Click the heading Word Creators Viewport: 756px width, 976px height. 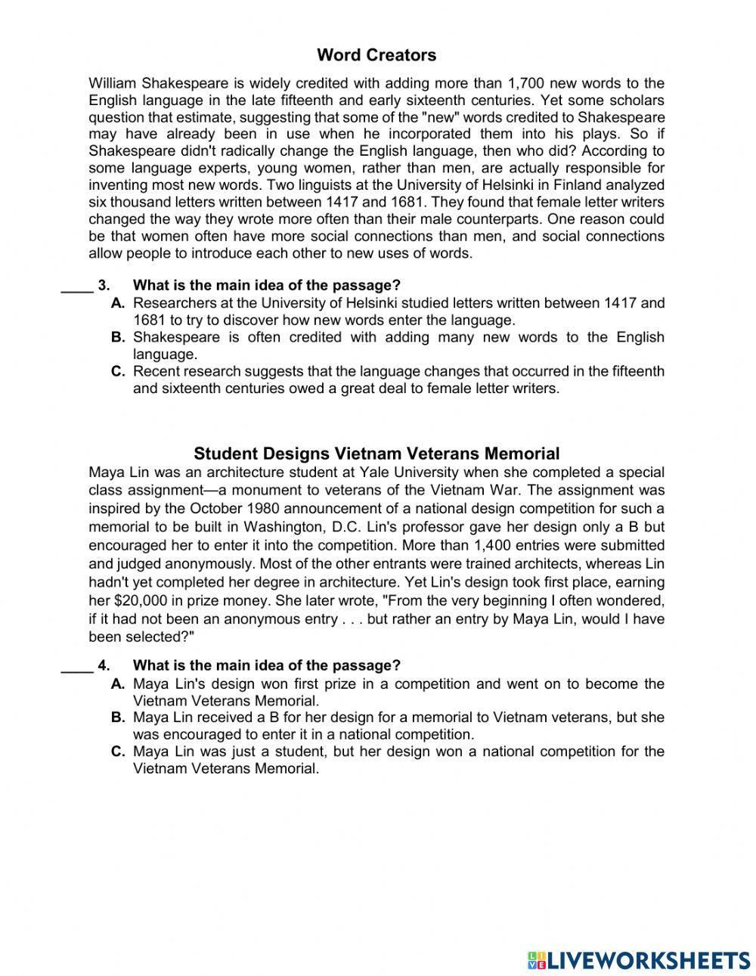click(x=376, y=55)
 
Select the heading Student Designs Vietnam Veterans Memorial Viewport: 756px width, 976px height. click(x=376, y=454)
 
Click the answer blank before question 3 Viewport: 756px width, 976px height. click(x=76, y=285)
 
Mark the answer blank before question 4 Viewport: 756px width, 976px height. click(x=76, y=665)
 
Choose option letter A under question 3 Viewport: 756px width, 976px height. click(x=117, y=303)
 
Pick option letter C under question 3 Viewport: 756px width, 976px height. click(x=117, y=371)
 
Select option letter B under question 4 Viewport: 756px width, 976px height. click(x=117, y=717)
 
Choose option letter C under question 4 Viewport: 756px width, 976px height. click(x=117, y=751)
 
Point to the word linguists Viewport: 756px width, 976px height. click(x=311, y=185)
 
